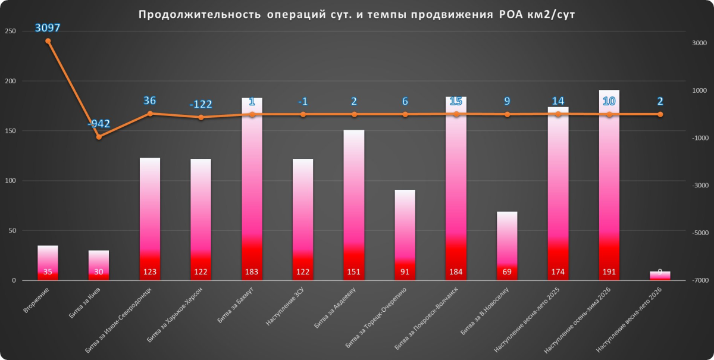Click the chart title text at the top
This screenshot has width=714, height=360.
(x=357, y=15)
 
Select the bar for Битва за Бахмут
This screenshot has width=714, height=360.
(x=252, y=190)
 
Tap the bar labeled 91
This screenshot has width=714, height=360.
(x=405, y=235)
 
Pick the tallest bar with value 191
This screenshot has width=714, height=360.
(x=609, y=184)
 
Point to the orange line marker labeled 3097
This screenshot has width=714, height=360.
(x=48, y=41)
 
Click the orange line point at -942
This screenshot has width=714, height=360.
(x=99, y=137)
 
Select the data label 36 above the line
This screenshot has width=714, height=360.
(x=150, y=101)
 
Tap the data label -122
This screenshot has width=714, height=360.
(x=201, y=104)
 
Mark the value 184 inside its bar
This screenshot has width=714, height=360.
(x=456, y=273)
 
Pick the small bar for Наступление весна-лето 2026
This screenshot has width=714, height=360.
(x=660, y=276)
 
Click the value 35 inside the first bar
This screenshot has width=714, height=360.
(x=48, y=273)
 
